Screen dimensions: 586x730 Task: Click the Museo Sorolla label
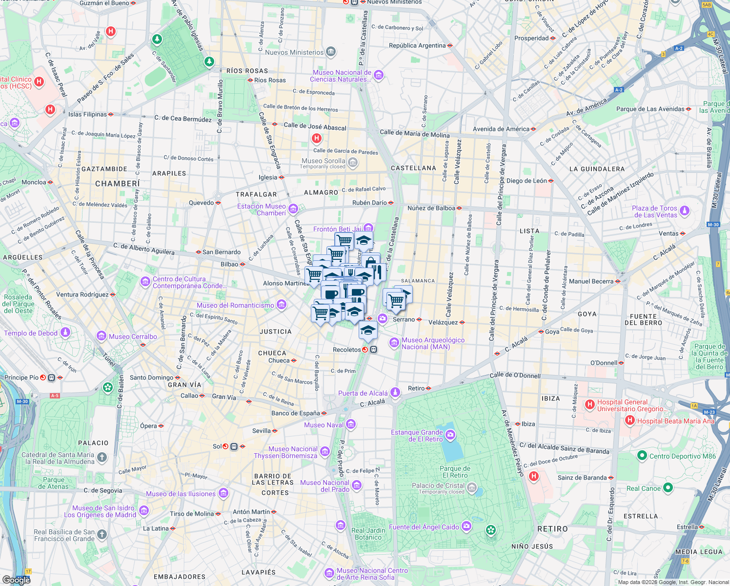click(x=323, y=161)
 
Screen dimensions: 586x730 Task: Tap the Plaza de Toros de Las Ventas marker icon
click(x=685, y=210)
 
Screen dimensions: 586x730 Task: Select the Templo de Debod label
click(x=31, y=334)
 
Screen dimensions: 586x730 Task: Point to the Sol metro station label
click(x=217, y=446)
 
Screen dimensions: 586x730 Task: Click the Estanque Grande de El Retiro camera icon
click(x=450, y=434)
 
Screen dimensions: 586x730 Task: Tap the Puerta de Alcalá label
click(x=363, y=394)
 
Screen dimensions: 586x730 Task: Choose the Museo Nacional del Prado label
click(x=324, y=486)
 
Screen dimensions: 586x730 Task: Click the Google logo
click(x=16, y=580)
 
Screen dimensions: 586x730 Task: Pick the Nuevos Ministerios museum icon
click(x=331, y=52)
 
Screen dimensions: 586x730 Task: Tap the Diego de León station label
click(x=527, y=181)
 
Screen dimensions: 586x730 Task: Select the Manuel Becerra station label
click(x=591, y=281)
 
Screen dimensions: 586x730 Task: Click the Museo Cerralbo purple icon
click(x=101, y=336)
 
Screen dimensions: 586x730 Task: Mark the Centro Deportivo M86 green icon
click(x=642, y=456)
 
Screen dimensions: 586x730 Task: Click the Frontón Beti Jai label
click(x=338, y=229)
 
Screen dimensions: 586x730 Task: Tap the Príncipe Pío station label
click(x=21, y=377)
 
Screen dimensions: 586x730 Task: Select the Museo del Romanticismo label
click(x=235, y=306)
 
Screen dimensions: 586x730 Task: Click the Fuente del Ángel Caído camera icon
click(x=466, y=526)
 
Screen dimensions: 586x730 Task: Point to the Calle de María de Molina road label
click(x=415, y=134)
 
